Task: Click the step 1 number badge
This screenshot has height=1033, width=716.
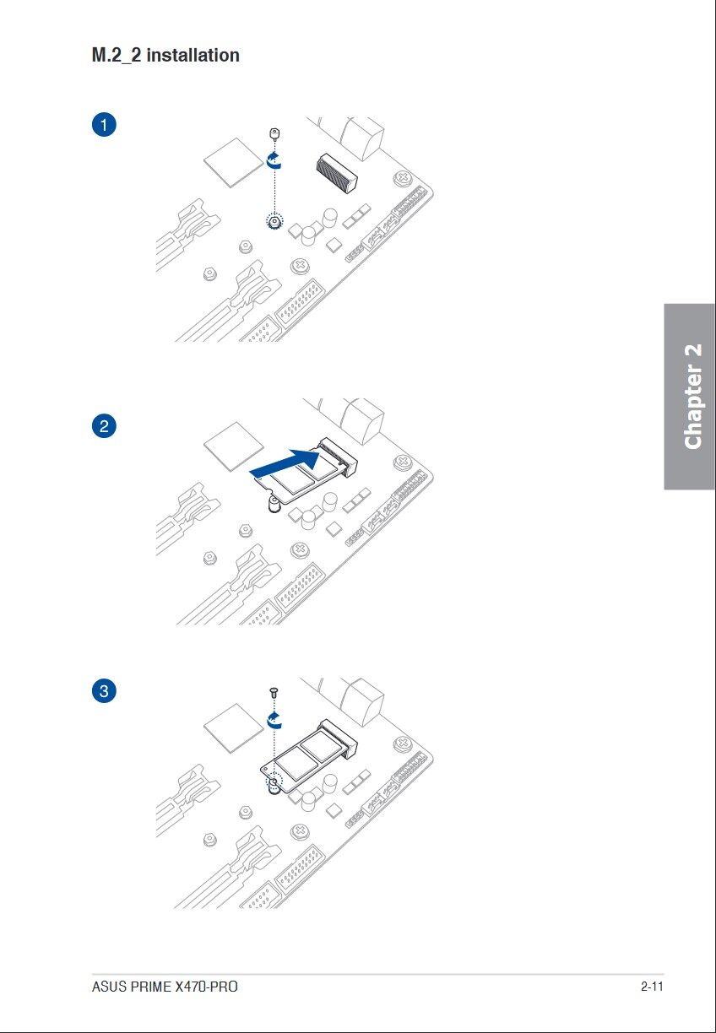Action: pyautogui.click(x=104, y=125)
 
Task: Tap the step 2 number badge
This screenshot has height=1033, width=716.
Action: pyautogui.click(x=104, y=425)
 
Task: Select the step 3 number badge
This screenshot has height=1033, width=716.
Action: pyautogui.click(x=104, y=691)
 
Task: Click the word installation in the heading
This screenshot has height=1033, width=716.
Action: pyautogui.click(x=193, y=55)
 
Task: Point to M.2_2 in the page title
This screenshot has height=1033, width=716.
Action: pyautogui.click(x=117, y=56)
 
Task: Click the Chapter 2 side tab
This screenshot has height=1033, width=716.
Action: pyautogui.click(x=689, y=396)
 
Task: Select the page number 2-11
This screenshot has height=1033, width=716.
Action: pyautogui.click(x=652, y=987)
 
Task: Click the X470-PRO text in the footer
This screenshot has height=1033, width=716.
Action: pyautogui.click(x=206, y=987)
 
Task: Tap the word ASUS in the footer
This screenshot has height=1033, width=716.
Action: pyautogui.click(x=109, y=987)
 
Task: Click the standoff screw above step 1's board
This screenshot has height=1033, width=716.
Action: pyautogui.click(x=274, y=133)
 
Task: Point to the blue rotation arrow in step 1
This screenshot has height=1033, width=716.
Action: pyautogui.click(x=274, y=160)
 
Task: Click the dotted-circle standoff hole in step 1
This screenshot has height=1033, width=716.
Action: pyautogui.click(x=274, y=222)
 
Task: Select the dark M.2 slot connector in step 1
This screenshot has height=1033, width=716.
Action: pyautogui.click(x=337, y=173)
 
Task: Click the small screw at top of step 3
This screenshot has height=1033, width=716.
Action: pyautogui.click(x=274, y=692)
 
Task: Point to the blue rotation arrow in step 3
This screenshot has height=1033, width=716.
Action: pyautogui.click(x=274, y=720)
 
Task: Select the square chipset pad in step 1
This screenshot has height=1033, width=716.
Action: pyautogui.click(x=233, y=162)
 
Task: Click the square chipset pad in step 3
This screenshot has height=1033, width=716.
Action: pyautogui.click(x=233, y=728)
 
